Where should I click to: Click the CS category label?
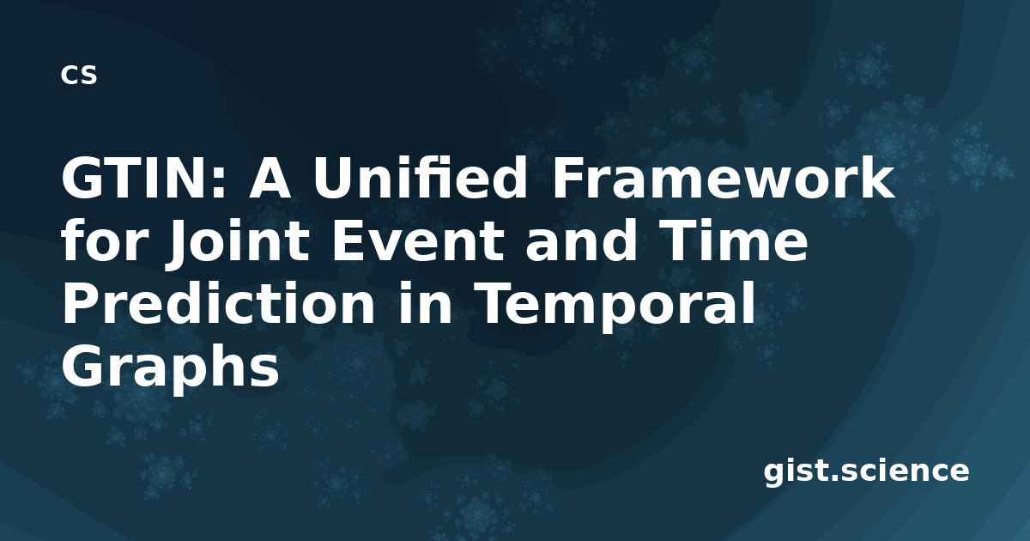pos(79,75)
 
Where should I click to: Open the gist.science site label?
pos(866,471)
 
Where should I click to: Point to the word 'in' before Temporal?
pos(426,304)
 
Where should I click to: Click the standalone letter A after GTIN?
pos(270,178)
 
